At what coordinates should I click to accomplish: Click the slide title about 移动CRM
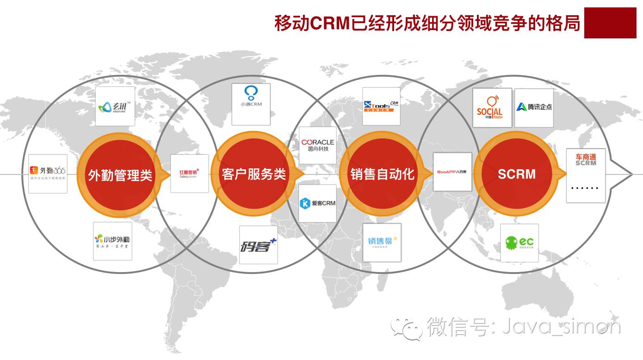pyautogui.click(x=427, y=23)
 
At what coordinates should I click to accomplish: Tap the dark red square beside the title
pyautogui.click(x=613, y=23)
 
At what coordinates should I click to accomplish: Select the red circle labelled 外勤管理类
pyautogui.click(x=120, y=174)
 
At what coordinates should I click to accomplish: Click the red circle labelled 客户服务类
pyautogui.click(x=253, y=174)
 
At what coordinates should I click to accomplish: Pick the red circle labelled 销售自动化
pyautogui.click(x=382, y=174)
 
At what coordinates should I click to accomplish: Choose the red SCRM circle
pyautogui.click(x=516, y=174)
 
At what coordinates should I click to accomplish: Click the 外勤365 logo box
pyautogui.click(x=48, y=174)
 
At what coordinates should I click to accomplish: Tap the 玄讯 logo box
pyautogui.click(x=115, y=106)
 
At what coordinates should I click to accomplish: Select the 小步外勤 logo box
pyautogui.click(x=112, y=241)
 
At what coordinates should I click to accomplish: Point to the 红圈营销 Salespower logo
pyautogui.click(x=189, y=174)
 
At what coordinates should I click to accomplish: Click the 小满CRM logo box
pyautogui.click(x=251, y=104)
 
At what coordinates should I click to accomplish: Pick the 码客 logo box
pyautogui.click(x=258, y=245)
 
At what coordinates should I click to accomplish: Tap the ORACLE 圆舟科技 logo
pyautogui.click(x=317, y=145)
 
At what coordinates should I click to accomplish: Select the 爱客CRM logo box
pyautogui.click(x=317, y=203)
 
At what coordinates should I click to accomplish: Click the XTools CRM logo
pyautogui.click(x=381, y=106)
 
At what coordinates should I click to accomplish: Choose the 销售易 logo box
pyautogui.click(x=382, y=242)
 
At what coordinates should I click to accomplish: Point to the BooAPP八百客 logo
pyautogui.click(x=452, y=172)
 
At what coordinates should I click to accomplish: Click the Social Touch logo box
pyautogui.click(x=492, y=107)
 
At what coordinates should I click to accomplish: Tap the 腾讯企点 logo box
pyautogui.click(x=534, y=107)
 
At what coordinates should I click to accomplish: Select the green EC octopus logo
pyautogui.click(x=519, y=243)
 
